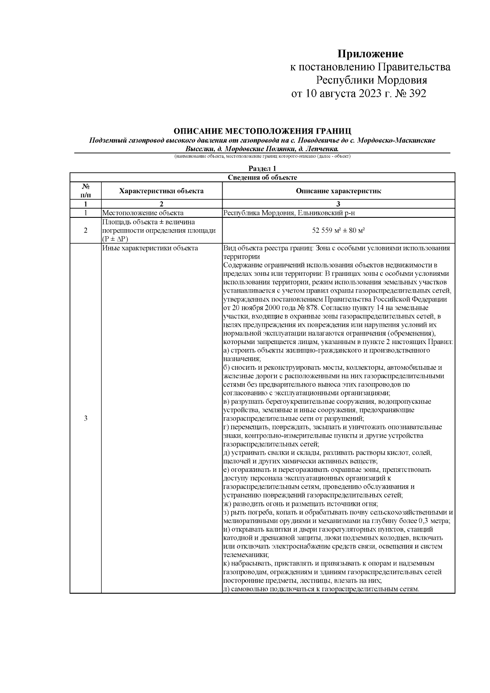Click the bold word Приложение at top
tap(370, 54)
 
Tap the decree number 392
tap(417, 94)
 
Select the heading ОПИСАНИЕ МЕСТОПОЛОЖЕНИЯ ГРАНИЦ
tap(262, 131)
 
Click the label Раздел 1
tap(262, 168)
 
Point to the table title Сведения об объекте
tap(262, 177)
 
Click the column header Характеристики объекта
tap(161, 191)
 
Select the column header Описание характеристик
tap(338, 191)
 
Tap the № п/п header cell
tap(85, 191)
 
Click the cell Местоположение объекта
tap(143, 213)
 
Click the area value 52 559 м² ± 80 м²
tap(338, 230)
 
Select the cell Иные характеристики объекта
tap(150, 248)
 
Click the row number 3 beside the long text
tap(85, 418)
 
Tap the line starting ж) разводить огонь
tap(301, 504)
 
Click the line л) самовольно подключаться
tap(321, 589)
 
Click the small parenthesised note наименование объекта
tap(262, 156)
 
